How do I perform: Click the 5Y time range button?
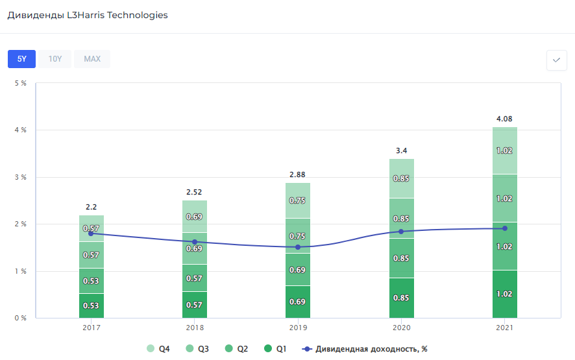pyautogui.click(x=21, y=59)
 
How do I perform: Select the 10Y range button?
pyautogui.click(x=55, y=59)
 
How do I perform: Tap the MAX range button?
pyautogui.click(x=92, y=59)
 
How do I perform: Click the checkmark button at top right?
pyautogui.click(x=556, y=60)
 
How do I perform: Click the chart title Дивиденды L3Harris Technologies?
pyautogui.click(x=88, y=15)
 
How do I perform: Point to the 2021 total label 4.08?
pyautogui.click(x=504, y=119)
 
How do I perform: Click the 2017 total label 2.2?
pyautogui.click(x=91, y=207)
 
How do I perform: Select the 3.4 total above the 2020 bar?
pyautogui.click(x=402, y=150)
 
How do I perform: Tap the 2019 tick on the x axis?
pyautogui.click(x=298, y=328)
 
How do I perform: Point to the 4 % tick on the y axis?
pyautogui.click(x=20, y=130)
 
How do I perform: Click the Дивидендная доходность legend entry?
pyautogui.click(x=365, y=349)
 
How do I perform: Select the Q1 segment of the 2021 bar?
pyautogui.click(x=504, y=294)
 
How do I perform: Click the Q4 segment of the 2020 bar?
pyautogui.click(x=402, y=178)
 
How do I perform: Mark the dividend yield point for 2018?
pyautogui.click(x=195, y=242)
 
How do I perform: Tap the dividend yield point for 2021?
pyautogui.click(x=504, y=228)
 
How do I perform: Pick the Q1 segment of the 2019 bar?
pyautogui.click(x=298, y=302)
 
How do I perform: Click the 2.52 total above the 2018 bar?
pyautogui.click(x=195, y=192)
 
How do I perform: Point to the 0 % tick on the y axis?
pyautogui.click(x=20, y=318)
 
